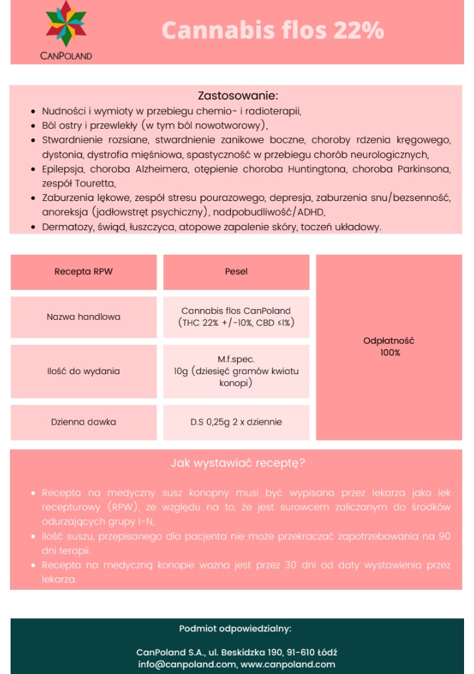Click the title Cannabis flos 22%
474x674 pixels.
[273, 31]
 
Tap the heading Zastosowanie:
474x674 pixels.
[238, 96]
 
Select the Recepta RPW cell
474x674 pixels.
[84, 272]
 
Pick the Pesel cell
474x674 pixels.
[236, 272]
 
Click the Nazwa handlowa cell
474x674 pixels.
[84, 317]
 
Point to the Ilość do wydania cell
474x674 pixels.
[84, 371]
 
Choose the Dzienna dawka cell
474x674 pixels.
[84, 422]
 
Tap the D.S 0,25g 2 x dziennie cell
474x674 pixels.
[236, 422]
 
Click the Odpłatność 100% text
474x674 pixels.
[389, 346]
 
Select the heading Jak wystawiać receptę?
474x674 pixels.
[238, 463]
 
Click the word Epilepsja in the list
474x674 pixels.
[62, 169]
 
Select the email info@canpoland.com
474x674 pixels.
[187, 664]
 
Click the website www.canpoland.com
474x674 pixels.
[287, 664]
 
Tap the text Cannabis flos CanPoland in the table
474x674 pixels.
[236, 310]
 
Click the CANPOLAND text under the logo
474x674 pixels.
[66, 56]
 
